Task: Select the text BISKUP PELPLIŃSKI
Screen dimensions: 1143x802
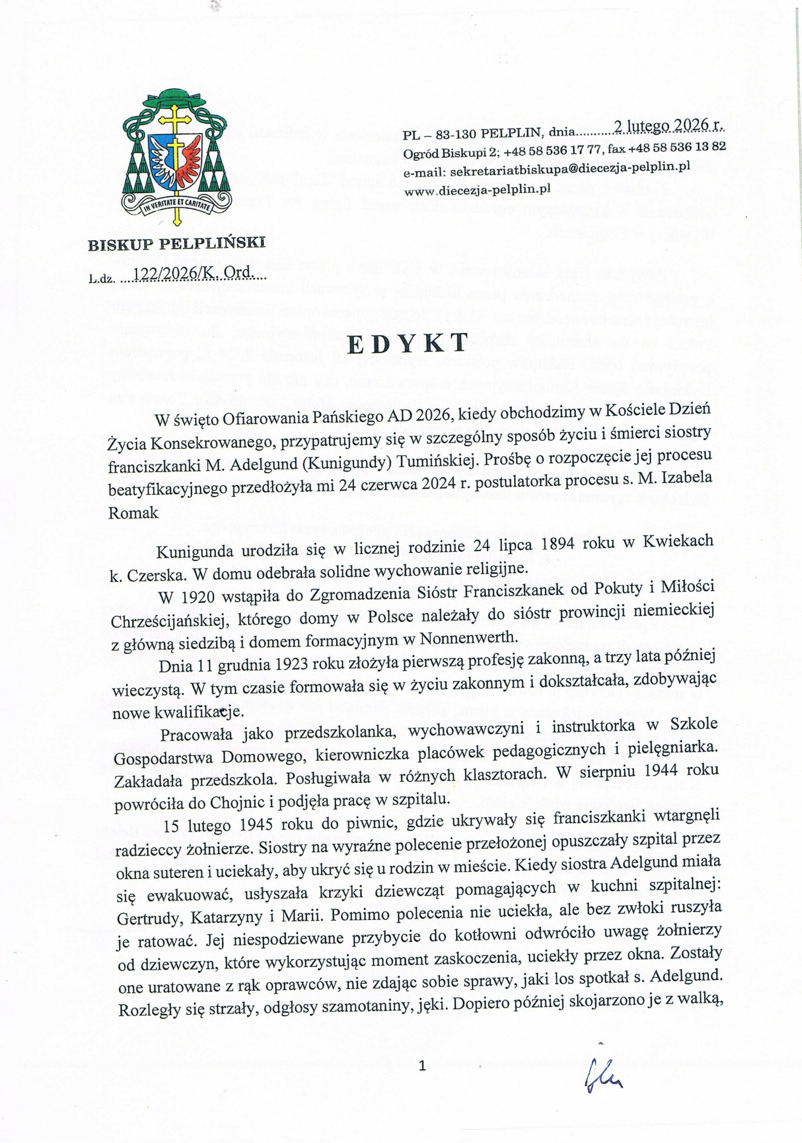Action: (x=177, y=243)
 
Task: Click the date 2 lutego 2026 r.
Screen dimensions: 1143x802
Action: (x=668, y=126)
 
